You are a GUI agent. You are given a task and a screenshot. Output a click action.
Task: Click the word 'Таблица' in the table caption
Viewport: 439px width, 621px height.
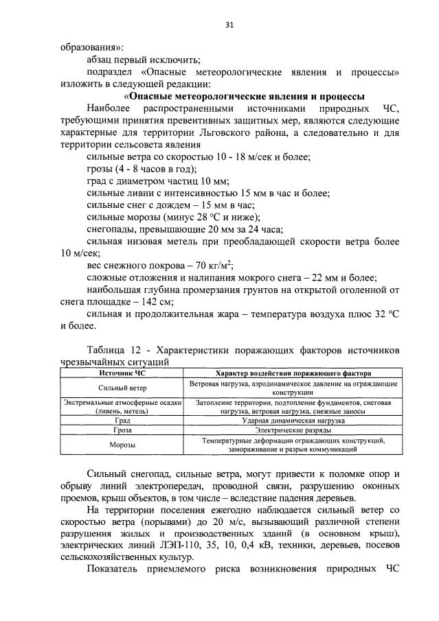click(107, 349)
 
